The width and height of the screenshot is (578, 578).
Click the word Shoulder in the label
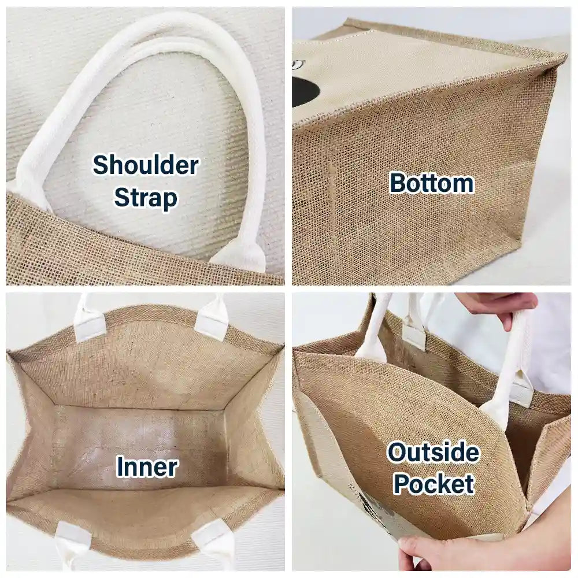tap(146, 165)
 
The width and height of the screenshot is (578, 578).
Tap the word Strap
tap(146, 198)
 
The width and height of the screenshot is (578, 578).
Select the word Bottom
tap(432, 183)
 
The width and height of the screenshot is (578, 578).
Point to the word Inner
tap(147, 466)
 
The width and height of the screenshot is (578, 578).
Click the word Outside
tap(433, 453)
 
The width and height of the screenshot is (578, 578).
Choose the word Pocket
tap(434, 484)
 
